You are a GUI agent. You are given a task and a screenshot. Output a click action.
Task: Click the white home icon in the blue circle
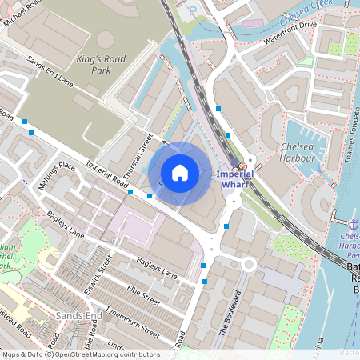coord(180,172)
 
